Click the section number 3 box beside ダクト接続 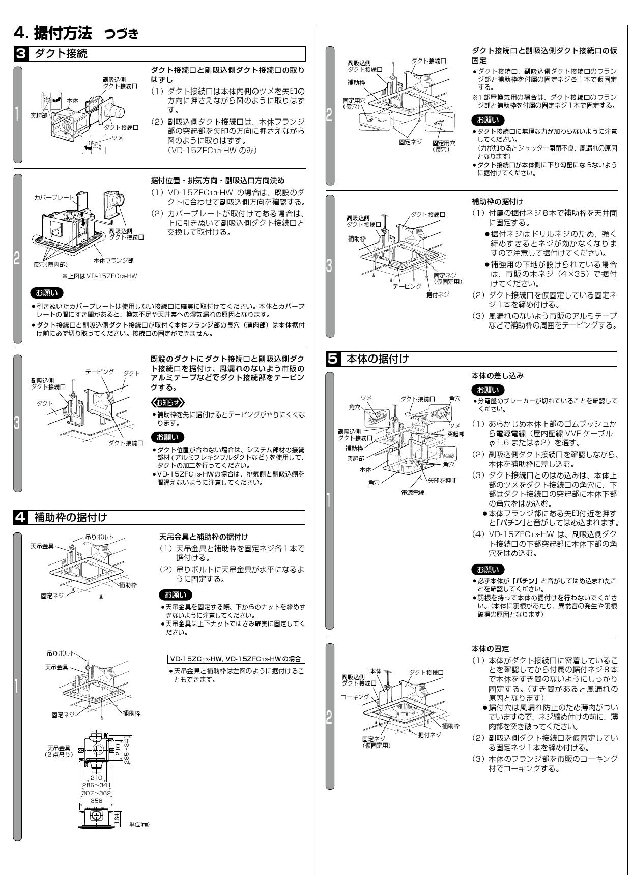(x=20, y=54)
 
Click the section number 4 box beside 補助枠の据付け (x=20, y=518)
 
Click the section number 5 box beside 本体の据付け (x=332, y=359)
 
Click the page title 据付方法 (x=63, y=34)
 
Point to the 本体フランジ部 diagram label (x=113, y=260)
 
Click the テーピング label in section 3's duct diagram (x=99, y=372)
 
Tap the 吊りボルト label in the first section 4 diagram (x=99, y=537)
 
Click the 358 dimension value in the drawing (x=96, y=800)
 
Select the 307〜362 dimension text (x=96, y=793)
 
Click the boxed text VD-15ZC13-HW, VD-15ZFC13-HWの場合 (x=236, y=659)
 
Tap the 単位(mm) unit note (x=139, y=824)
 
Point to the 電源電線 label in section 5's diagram (x=413, y=493)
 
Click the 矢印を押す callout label (x=442, y=480)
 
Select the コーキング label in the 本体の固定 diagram (x=354, y=696)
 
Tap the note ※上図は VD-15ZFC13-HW (x=99, y=276)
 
